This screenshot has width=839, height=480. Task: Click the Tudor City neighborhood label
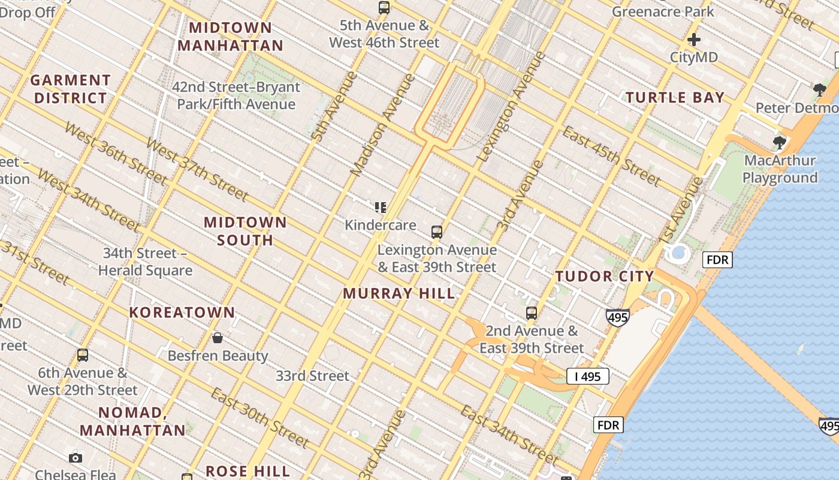coord(604,277)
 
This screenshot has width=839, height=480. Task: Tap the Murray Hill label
coord(399,294)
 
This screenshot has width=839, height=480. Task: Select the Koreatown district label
coord(182,313)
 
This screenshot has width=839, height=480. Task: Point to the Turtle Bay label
coord(675,98)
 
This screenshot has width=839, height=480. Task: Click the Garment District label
coord(71,89)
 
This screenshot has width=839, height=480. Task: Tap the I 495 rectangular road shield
coord(587,377)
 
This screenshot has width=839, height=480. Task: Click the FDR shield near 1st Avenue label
coord(717,260)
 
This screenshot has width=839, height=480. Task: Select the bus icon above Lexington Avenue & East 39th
coord(437,232)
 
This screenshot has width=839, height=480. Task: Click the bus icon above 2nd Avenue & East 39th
coord(532,313)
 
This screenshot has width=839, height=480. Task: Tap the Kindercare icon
coord(380,208)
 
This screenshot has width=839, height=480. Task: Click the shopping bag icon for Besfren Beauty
coord(218,338)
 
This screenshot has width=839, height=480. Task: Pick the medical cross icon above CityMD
coord(694,40)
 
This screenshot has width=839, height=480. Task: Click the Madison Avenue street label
coord(382,125)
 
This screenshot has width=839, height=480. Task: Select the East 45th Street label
coord(611,156)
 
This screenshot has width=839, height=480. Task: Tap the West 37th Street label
coord(197,170)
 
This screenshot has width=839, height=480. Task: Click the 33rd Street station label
coord(312,376)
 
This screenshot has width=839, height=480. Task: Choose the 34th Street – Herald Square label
coord(145,262)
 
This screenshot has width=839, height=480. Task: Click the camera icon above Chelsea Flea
coord(76,458)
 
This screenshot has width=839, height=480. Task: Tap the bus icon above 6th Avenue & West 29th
coord(83,355)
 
